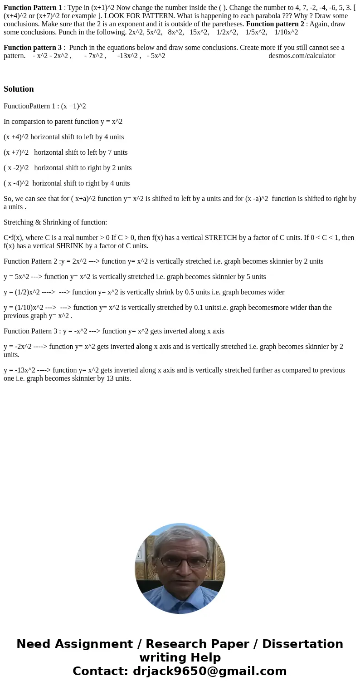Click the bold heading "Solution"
click(19, 89)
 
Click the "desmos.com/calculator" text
click(302, 56)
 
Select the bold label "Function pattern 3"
click(32, 48)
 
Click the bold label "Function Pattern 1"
click(33, 7)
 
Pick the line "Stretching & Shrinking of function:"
click(55, 222)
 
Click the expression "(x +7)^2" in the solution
click(16, 152)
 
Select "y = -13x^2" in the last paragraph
click(19, 370)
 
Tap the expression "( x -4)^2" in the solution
click(16, 183)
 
